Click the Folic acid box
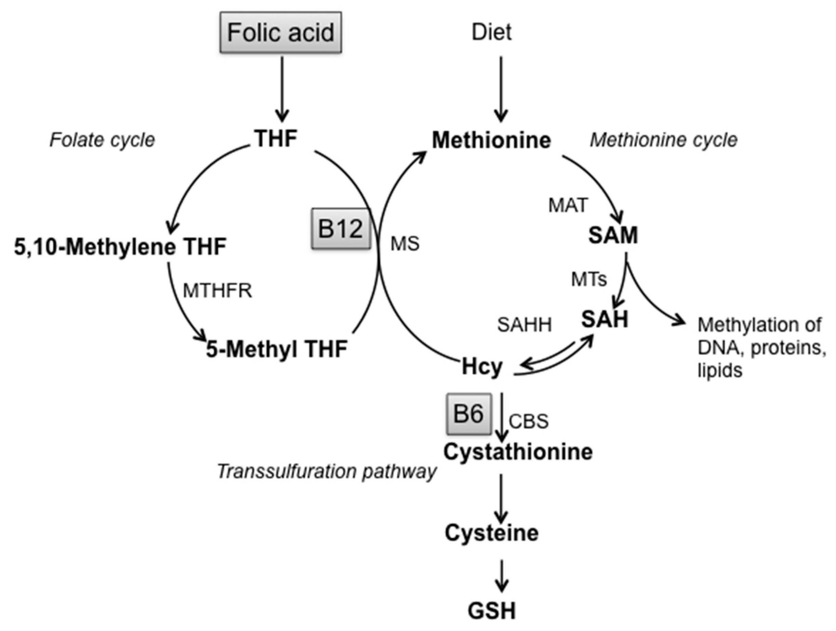pos(281,32)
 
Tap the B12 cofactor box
pos(341,229)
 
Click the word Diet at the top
pos(492,32)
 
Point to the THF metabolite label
pos(276,139)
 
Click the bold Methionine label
pos(492,140)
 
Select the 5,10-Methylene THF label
pos(120,247)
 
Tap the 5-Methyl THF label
pos(277,349)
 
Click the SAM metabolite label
pos(613,236)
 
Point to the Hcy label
pos(482,367)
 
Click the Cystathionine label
pos(518,452)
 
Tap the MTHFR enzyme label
pos(217,291)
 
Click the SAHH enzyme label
pos(524,325)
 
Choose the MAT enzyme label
pos(568,206)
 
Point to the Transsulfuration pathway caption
pos(327,472)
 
